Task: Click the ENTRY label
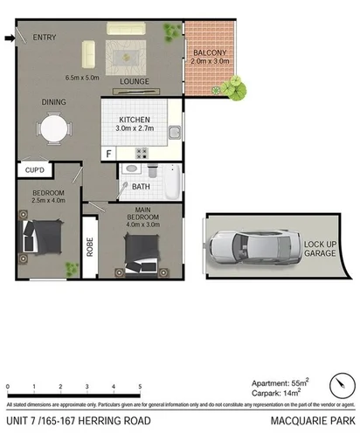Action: [x=45, y=38]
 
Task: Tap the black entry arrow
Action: [x=10, y=38]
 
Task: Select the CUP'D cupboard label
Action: [x=36, y=169]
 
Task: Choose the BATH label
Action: [x=141, y=186]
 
